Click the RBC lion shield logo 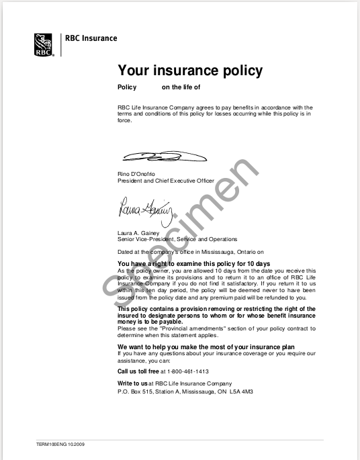pos(45,42)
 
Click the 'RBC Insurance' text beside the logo pos(91,38)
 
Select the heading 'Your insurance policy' pos(190,71)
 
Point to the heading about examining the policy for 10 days pos(194,263)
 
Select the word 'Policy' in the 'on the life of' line pos(127,87)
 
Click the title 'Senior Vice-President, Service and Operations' pos(177,239)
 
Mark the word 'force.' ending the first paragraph pos(125,122)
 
